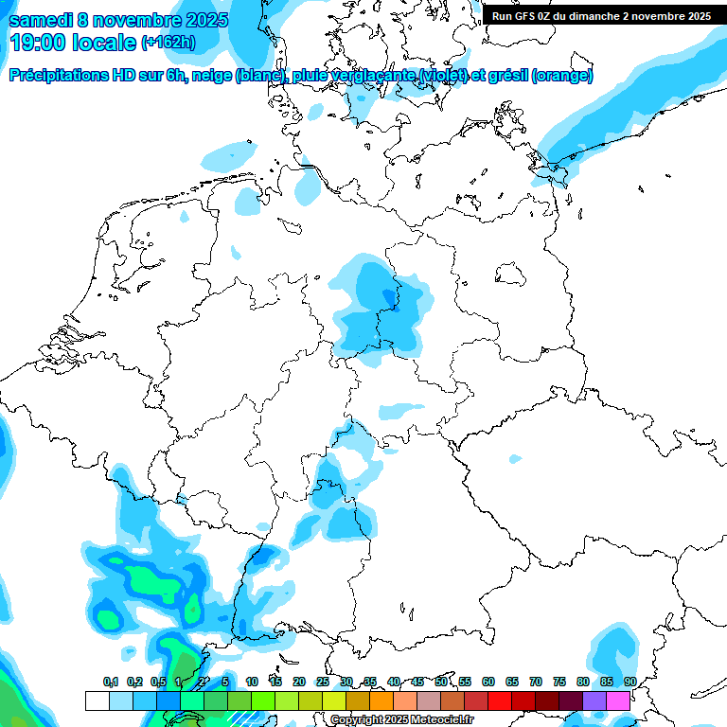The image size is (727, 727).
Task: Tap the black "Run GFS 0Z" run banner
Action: [602, 15]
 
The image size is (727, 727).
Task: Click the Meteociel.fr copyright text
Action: [401, 720]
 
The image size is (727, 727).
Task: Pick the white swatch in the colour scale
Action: [97, 700]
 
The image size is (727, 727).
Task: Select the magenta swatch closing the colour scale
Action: [618, 700]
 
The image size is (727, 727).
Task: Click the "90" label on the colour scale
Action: [630, 682]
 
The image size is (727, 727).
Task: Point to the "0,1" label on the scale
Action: [111, 682]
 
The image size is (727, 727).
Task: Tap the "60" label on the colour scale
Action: [488, 682]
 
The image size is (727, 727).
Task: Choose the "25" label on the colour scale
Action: [323, 682]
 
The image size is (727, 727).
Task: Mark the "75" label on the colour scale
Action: [559, 682]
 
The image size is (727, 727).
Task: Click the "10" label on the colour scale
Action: [252, 682]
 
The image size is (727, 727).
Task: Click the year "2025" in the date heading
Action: [197, 20]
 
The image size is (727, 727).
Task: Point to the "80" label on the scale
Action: [583, 682]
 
